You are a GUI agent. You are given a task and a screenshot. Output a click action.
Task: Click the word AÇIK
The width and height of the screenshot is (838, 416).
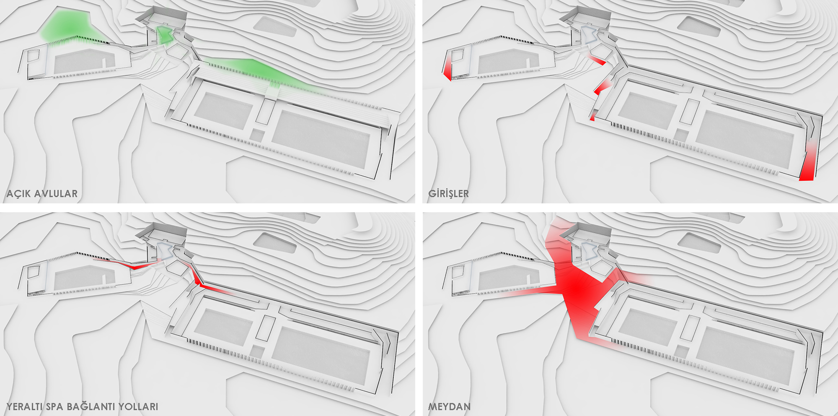[x=18, y=193]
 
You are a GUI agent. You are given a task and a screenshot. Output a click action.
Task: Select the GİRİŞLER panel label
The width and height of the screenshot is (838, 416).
[x=448, y=193]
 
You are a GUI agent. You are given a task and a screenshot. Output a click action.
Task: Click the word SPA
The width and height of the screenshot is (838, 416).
[x=54, y=406]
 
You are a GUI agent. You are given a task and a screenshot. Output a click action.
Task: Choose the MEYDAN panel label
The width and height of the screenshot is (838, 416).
[x=449, y=406]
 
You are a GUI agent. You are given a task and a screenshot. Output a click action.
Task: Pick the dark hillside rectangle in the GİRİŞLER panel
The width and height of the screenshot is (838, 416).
[x=698, y=26]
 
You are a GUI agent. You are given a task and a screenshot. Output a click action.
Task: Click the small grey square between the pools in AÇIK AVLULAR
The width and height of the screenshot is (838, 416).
[x=257, y=135]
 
